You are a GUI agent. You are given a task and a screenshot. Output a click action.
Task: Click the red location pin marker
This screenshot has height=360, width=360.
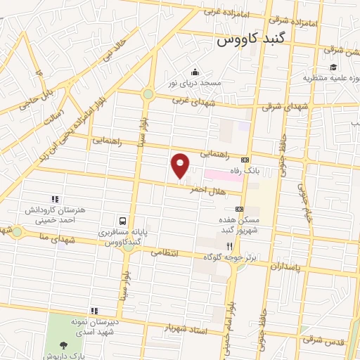(181, 165)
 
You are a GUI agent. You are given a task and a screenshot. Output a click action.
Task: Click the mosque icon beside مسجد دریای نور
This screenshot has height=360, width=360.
(195, 72)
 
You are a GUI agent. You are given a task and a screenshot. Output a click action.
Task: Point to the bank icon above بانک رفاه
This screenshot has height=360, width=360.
(245, 159)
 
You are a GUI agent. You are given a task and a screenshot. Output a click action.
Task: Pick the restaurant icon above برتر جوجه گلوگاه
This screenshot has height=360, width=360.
(229, 246)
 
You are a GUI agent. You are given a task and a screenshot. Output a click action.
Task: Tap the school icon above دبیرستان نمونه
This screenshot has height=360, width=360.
(94, 311)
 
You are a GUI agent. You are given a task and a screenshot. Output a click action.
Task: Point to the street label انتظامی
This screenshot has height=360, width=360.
(165, 252)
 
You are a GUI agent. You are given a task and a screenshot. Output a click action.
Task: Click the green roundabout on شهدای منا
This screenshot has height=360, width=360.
(17, 231)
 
